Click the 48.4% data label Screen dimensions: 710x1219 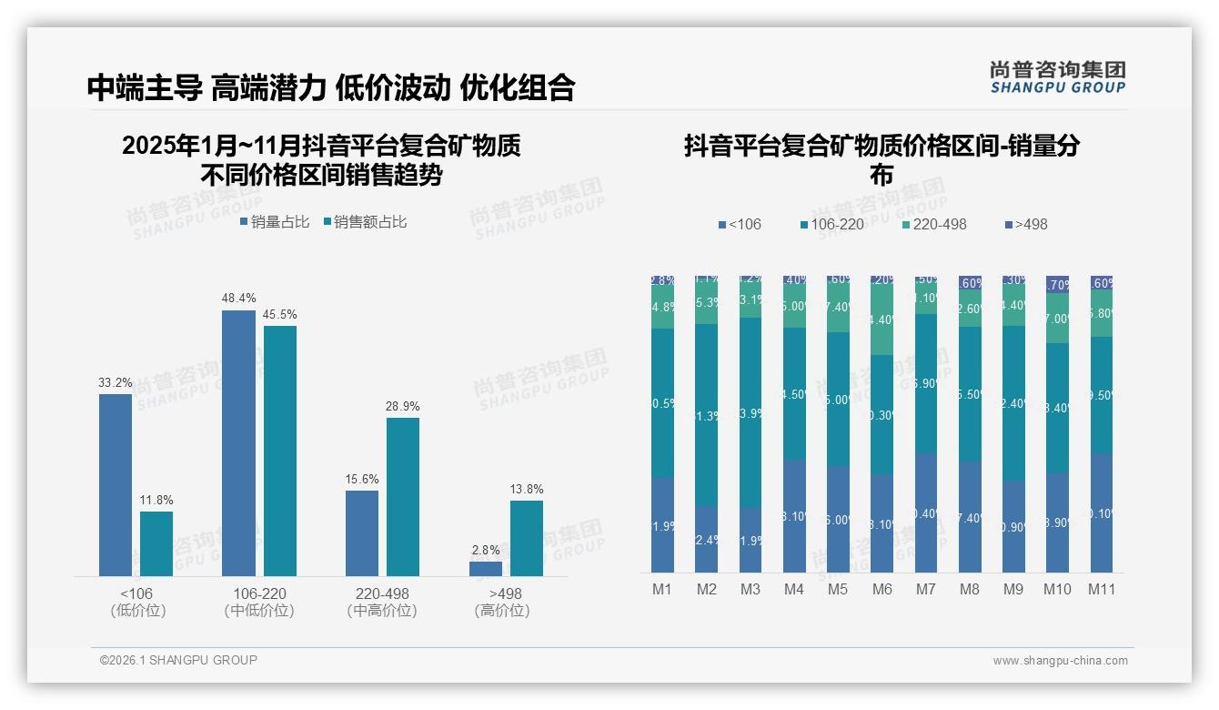pos(238,299)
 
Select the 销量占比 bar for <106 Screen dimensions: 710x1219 pos(116,484)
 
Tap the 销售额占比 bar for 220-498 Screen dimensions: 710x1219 pos(403,496)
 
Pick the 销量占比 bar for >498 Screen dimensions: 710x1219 pos(486,568)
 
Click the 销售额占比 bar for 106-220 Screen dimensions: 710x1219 pos(280,451)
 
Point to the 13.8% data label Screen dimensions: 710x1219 pos(527,490)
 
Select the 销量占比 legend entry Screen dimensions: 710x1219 pos(275,222)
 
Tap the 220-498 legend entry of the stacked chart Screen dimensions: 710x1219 pos(934,224)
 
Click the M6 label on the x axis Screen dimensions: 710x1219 pos(882,590)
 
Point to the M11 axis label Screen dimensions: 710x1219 pos(1103,590)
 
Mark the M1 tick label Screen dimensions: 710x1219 pos(662,590)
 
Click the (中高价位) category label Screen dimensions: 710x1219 pos(382,611)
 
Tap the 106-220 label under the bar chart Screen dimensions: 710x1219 pos(259,593)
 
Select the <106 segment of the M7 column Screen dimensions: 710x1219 pos(926,512)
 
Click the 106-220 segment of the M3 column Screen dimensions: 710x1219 pos(751,412)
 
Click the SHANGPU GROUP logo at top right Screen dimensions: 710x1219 pos(1057,77)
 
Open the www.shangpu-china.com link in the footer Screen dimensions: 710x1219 pos(1060,661)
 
